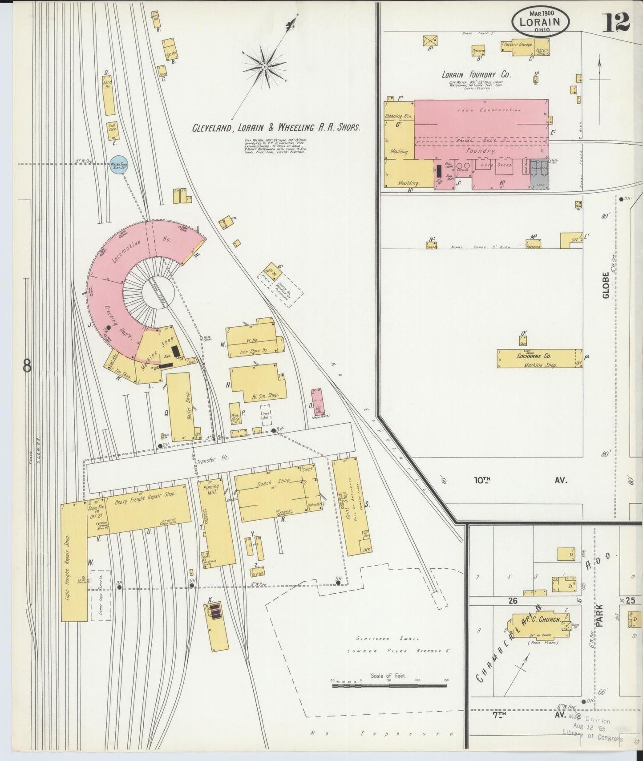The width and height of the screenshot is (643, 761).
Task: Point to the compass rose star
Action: [x=264, y=67]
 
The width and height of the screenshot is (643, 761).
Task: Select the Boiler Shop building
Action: [x=180, y=407]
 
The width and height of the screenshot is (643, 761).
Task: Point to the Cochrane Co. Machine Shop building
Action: [x=539, y=358]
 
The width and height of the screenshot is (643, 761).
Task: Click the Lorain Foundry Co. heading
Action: [x=476, y=75]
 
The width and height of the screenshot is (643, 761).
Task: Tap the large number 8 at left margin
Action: [x=27, y=366]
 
